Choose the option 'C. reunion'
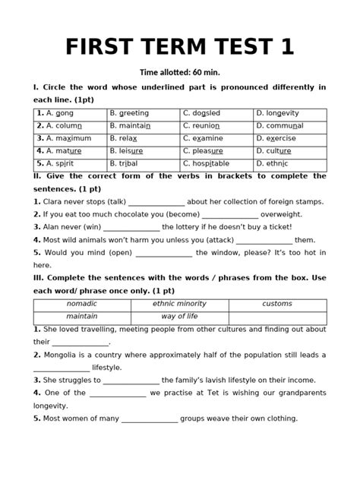[x=201, y=126]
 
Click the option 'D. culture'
[x=273, y=150]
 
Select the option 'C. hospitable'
[x=207, y=163]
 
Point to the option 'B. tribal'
[x=123, y=163]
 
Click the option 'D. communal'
[x=279, y=126]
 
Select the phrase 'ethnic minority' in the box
[x=179, y=304]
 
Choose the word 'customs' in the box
[x=277, y=304]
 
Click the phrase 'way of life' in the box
[x=179, y=316]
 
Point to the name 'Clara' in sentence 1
[x=53, y=201]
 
